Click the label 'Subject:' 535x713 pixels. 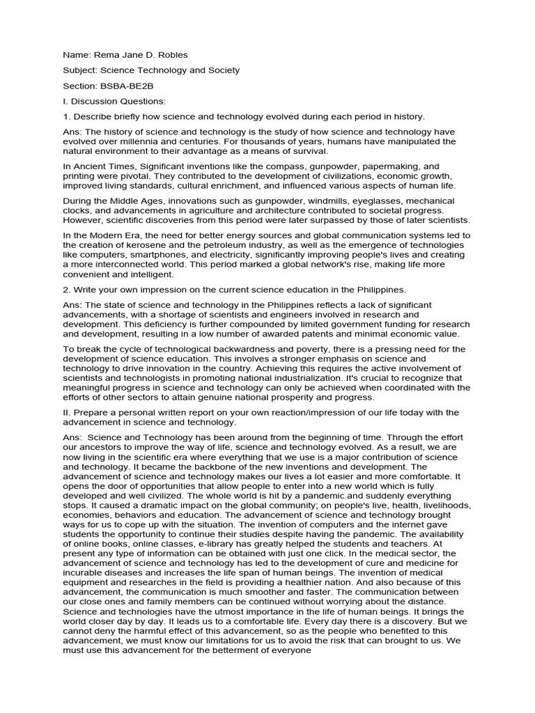pyautogui.click(x=79, y=70)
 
